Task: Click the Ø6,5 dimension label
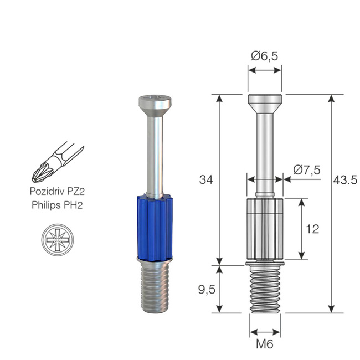tap(265, 56)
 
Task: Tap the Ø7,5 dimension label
tap(307, 170)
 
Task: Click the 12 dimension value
tap(312, 229)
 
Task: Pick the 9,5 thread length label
tap(206, 289)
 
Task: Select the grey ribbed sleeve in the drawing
tap(265, 228)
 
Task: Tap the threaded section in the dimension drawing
tap(265, 288)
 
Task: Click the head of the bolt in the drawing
tap(265, 103)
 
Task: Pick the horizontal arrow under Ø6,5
tap(265, 70)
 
